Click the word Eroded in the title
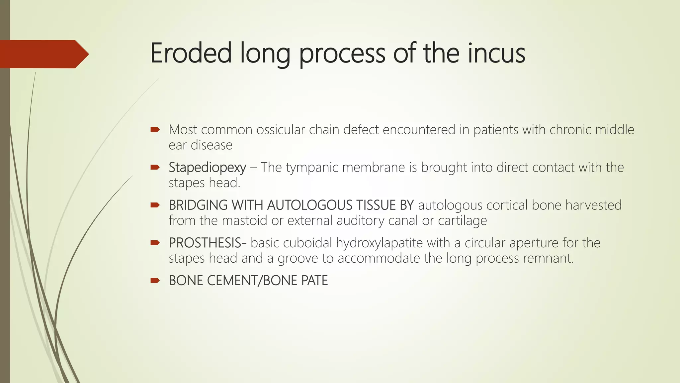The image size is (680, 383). coord(191,53)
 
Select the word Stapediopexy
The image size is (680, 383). coord(207,168)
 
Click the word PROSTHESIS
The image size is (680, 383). coord(205,243)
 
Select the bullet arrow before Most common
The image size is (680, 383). coord(155,130)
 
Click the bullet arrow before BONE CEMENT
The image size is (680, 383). coord(155,281)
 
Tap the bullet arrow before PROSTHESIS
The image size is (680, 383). coord(155,243)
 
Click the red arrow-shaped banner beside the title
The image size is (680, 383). coord(43,54)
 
